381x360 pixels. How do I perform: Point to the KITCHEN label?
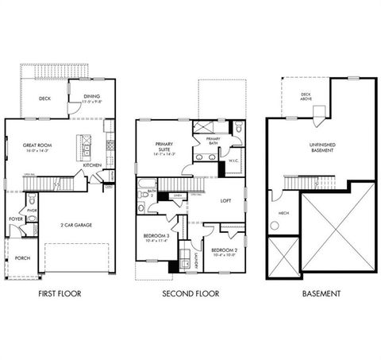pos(92,165)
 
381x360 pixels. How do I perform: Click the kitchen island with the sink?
pos(81,146)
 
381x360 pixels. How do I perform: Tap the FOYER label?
pos(16,218)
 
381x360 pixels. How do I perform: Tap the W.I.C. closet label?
pos(233,161)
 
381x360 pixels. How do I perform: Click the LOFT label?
pos(225,200)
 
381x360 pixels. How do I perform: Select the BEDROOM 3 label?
pos(155,237)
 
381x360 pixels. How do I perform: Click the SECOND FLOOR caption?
pos(190,293)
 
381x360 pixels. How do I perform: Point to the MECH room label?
pos(283,213)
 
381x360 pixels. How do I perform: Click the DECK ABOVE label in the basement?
pos(306,97)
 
